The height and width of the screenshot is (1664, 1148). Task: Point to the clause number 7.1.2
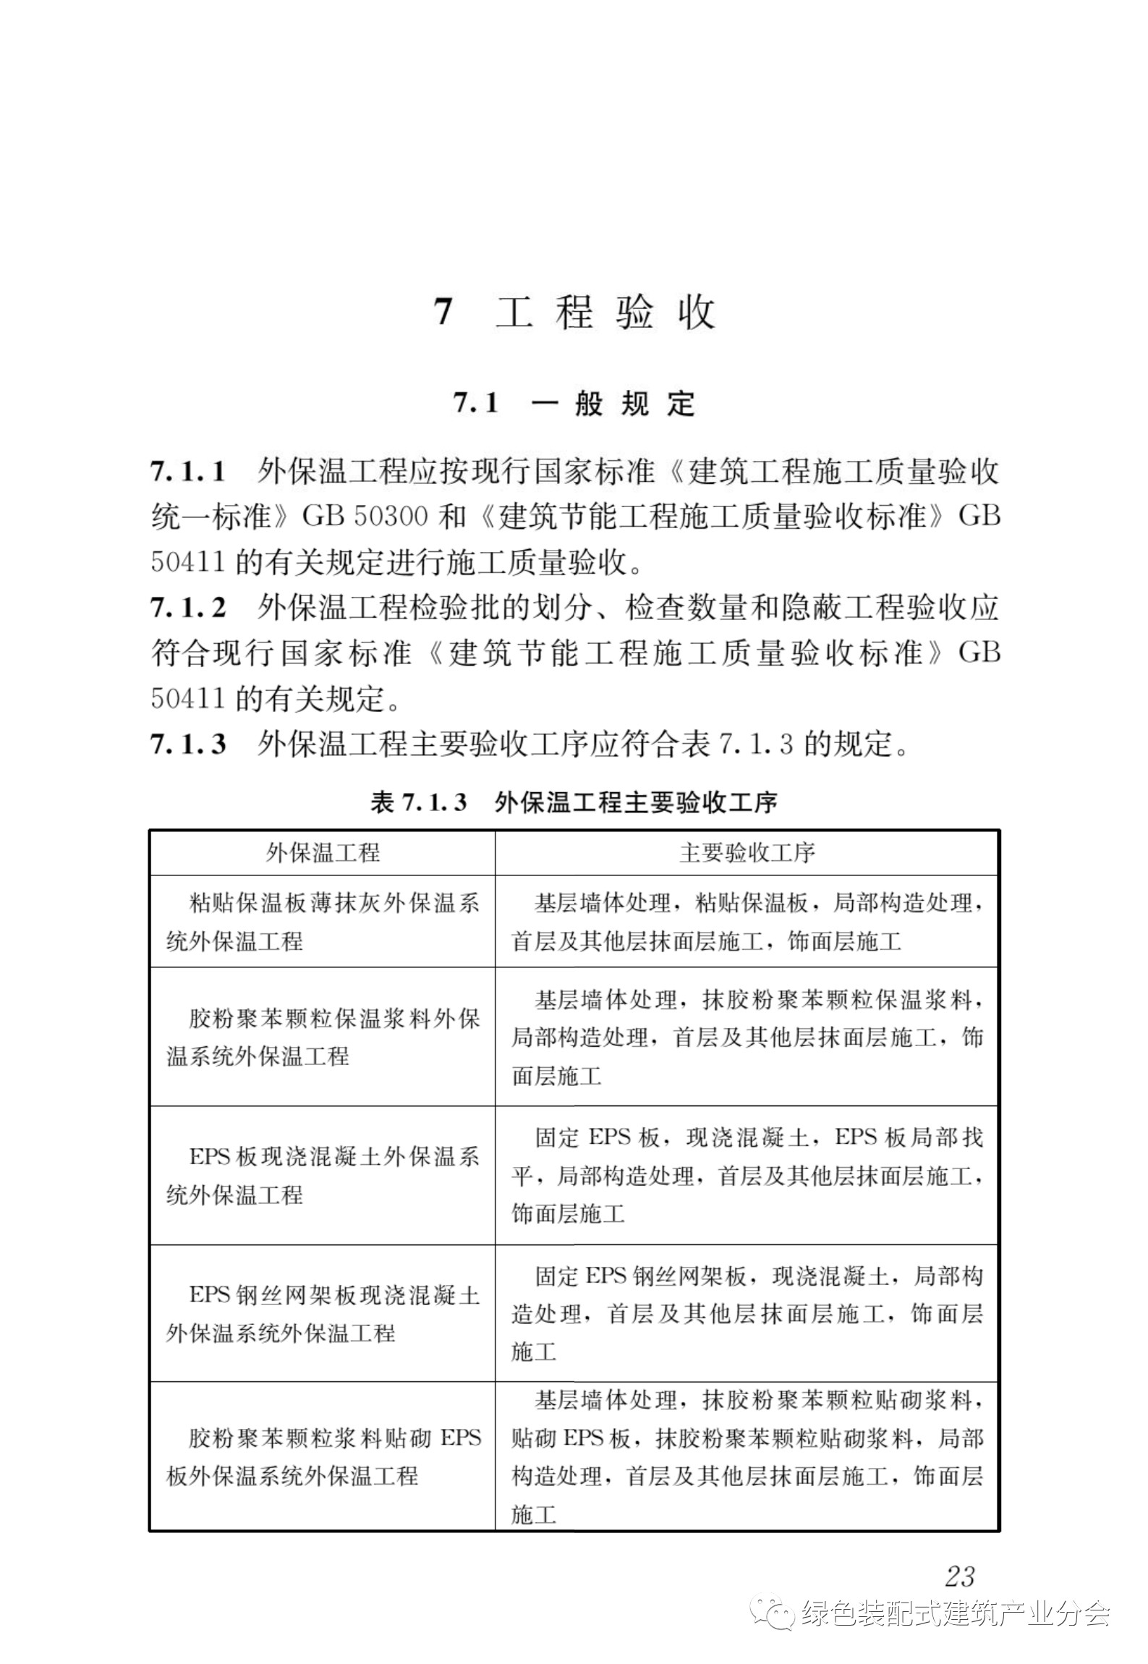188,608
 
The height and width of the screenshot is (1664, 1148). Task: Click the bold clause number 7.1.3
188,744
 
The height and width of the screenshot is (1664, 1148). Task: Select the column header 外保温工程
323,853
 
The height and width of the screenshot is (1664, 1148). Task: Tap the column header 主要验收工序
747,853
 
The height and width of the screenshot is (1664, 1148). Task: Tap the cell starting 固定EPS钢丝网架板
747,1313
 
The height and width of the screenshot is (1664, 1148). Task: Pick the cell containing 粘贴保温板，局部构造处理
747,922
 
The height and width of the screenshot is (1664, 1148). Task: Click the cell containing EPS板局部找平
747,1176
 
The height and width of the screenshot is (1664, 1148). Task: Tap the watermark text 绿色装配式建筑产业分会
955,1613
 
